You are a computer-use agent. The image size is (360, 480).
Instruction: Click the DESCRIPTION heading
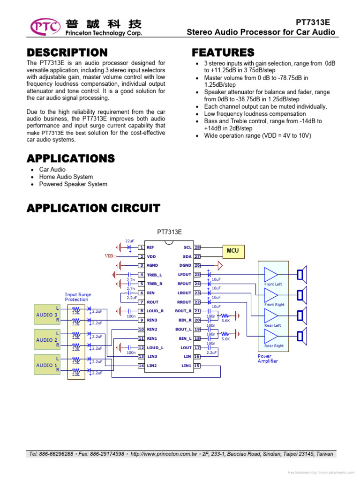click(x=67, y=52)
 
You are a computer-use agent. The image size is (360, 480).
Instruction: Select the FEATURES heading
click(x=223, y=52)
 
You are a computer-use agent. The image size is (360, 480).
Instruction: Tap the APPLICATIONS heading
click(x=71, y=158)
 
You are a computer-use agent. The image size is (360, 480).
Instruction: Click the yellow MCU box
click(x=232, y=251)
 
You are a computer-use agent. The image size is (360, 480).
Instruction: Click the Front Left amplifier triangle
click(x=271, y=275)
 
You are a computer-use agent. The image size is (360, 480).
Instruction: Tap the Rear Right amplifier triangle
click(x=271, y=336)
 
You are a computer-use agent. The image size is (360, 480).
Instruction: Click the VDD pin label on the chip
click(x=151, y=256)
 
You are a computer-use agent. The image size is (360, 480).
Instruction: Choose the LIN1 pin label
click(x=186, y=366)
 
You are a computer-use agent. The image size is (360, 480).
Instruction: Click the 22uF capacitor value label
click(x=130, y=240)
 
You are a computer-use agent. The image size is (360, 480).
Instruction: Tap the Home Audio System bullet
click(x=66, y=177)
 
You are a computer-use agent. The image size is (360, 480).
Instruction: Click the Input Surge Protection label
click(x=78, y=297)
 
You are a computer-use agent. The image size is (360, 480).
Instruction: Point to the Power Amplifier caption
click(x=268, y=359)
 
